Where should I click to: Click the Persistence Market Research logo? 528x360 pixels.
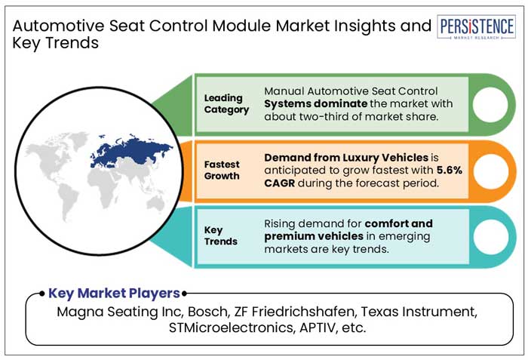click(477, 27)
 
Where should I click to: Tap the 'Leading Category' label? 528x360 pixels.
click(226, 104)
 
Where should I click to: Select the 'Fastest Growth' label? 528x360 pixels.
click(222, 171)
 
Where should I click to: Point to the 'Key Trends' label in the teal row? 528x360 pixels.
click(220, 235)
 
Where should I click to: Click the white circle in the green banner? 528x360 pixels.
click(490, 104)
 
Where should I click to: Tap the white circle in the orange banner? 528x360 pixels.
click(490, 171)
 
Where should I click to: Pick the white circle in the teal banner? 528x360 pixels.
click(490, 237)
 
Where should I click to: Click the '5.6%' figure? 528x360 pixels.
click(450, 171)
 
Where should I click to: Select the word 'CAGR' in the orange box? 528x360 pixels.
click(280, 183)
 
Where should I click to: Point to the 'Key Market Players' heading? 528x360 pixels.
click(114, 294)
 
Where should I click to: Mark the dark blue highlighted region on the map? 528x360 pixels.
click(131, 151)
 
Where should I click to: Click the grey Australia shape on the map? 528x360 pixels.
click(155, 204)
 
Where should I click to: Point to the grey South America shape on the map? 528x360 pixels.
click(69, 201)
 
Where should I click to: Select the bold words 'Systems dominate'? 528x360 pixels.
click(315, 103)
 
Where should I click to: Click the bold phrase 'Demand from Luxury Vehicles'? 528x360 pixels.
click(346, 158)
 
